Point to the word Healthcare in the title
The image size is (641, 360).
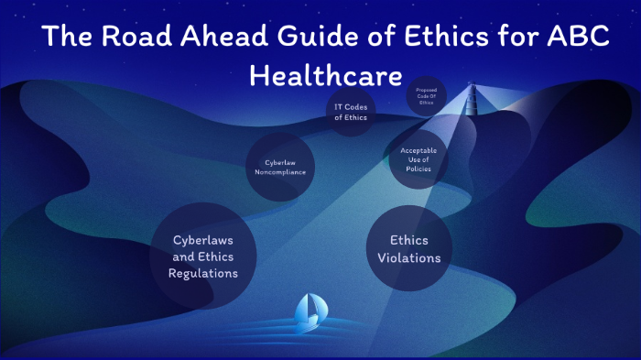pos(325,75)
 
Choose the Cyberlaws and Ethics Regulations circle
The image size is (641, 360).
pos(204,256)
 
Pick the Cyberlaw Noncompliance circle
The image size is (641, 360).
pos(280,167)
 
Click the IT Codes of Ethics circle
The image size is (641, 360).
pos(351,112)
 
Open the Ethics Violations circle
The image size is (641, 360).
pos(408,249)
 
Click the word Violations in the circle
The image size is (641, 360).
pos(409,258)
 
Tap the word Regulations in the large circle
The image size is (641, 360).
pos(203,273)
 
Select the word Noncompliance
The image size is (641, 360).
pos(280,172)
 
